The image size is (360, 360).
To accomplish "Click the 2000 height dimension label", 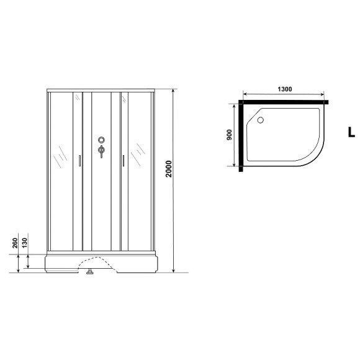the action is coord(169,169).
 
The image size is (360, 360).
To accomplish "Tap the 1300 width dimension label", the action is coord(285,89).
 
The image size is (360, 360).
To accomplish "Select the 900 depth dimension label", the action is coord(230,135).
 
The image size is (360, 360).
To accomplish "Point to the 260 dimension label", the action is coord(15,243).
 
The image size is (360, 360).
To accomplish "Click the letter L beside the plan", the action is coord(351,132).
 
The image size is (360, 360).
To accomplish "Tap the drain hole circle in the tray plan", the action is coord(260,120).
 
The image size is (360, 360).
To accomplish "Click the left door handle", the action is coord(79,161).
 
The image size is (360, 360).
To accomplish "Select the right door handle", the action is coord(124,161).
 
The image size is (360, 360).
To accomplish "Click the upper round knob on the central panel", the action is coord(101,140).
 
